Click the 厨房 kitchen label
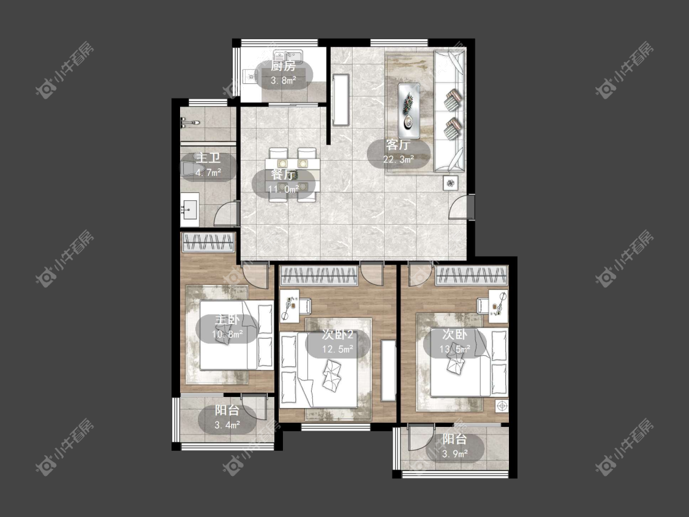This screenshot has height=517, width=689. coord(283,66)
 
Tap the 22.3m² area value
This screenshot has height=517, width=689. coord(399,159)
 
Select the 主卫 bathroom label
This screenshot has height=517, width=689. coord(208,158)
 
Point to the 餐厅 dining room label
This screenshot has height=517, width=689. coord(283,175)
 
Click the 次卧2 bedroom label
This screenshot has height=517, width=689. coord(337,335)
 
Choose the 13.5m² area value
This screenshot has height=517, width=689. coord(455,350)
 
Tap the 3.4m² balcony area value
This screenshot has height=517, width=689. coord(227,425)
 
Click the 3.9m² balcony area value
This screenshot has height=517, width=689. coord(455,454)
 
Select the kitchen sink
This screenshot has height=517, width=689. coord(287,56)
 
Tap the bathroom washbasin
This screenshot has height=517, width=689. coord(190,209)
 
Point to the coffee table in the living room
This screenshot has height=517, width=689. coord(409,110)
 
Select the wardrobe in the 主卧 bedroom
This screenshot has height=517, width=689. coord(208,242)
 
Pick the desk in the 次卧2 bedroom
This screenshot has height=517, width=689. coord(290,305)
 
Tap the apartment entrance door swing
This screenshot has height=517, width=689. coord(459,206)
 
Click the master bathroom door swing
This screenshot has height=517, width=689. coord(227,213)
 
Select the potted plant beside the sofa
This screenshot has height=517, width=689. coord(451,183)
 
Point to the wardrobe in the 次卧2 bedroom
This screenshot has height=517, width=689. coord(318,276)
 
